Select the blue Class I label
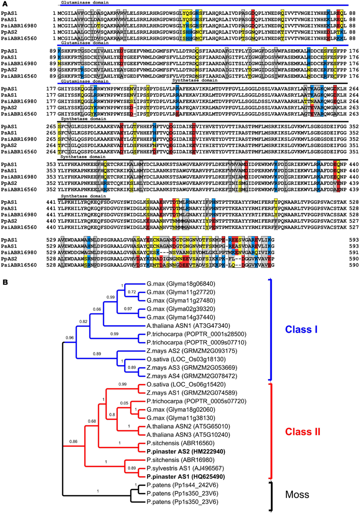303,329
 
